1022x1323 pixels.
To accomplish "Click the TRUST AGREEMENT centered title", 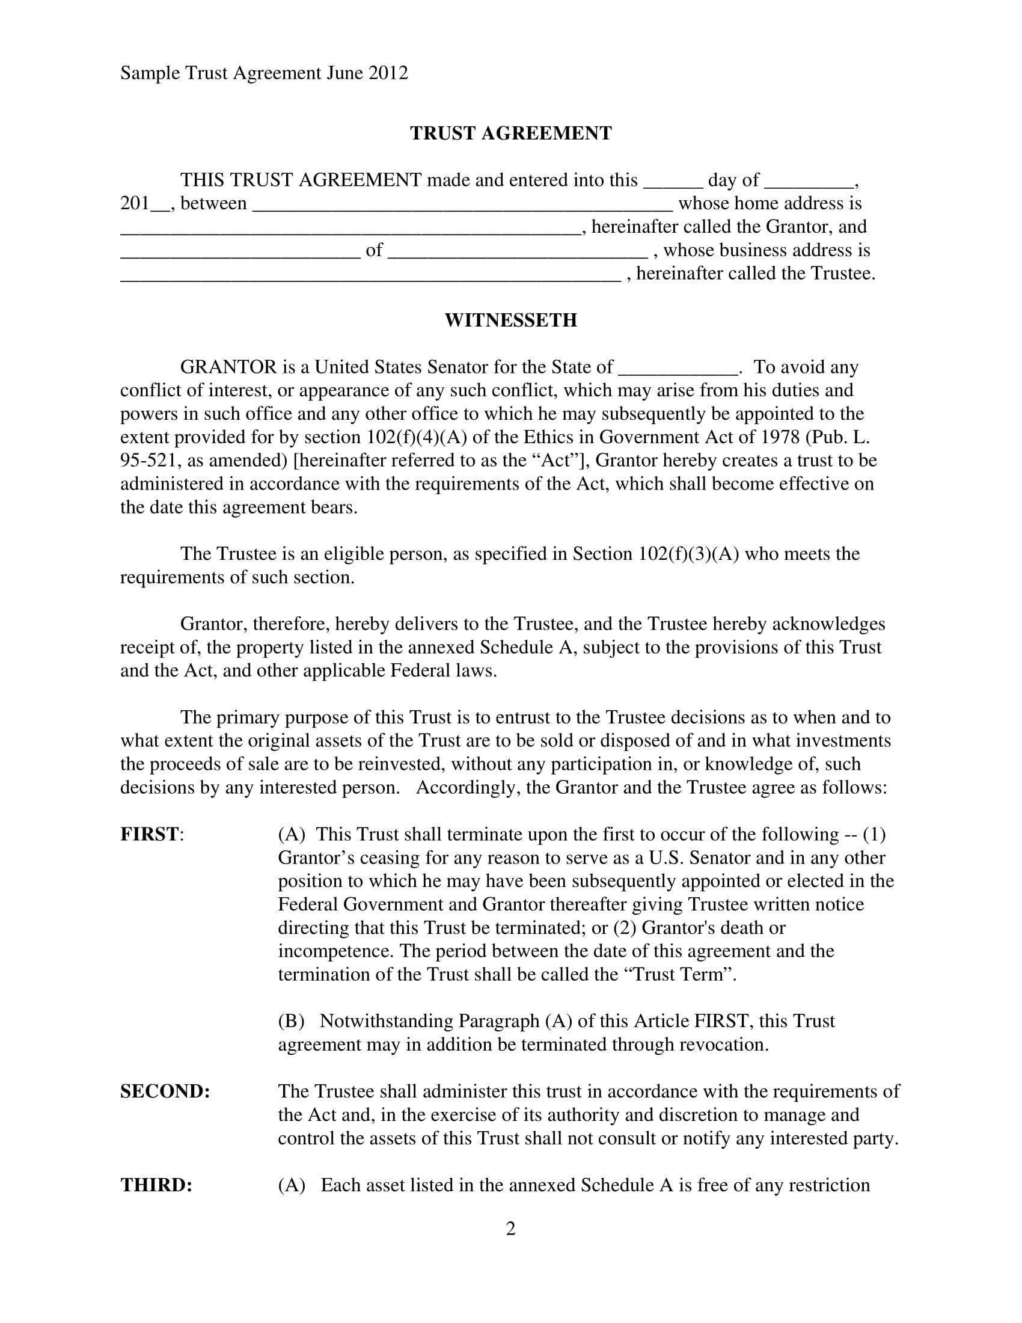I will [510, 134].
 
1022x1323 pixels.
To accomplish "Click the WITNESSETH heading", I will [510, 320].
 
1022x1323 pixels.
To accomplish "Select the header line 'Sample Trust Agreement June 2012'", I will [264, 73].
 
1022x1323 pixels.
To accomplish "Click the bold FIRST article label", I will [150, 834].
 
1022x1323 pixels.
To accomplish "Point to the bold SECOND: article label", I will [165, 1091].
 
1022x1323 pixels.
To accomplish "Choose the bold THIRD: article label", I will [156, 1185].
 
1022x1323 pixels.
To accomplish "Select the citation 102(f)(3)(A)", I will [688, 554].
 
